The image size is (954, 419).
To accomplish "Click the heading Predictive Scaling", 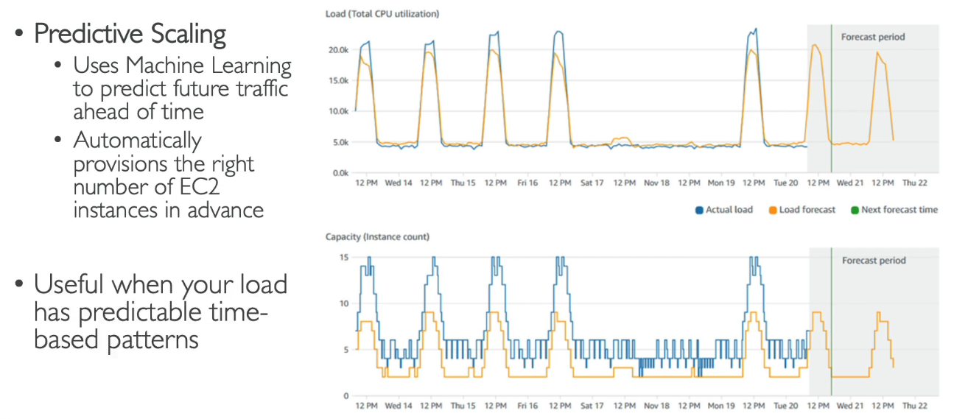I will tap(130, 33).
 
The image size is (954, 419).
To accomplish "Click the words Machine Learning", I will tap(208, 65).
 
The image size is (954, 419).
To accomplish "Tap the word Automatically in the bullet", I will tap(137, 140).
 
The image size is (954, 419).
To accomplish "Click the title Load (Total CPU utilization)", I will tap(382, 14).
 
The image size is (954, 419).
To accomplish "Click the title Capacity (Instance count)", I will tap(377, 237).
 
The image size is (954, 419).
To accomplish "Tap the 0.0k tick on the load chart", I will tap(340, 172).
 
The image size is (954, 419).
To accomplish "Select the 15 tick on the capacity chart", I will tap(343, 257).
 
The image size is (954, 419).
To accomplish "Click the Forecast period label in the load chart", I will tap(873, 37).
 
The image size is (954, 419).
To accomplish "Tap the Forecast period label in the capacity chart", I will tap(874, 261).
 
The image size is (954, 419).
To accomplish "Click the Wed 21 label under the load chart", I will tap(849, 183).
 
